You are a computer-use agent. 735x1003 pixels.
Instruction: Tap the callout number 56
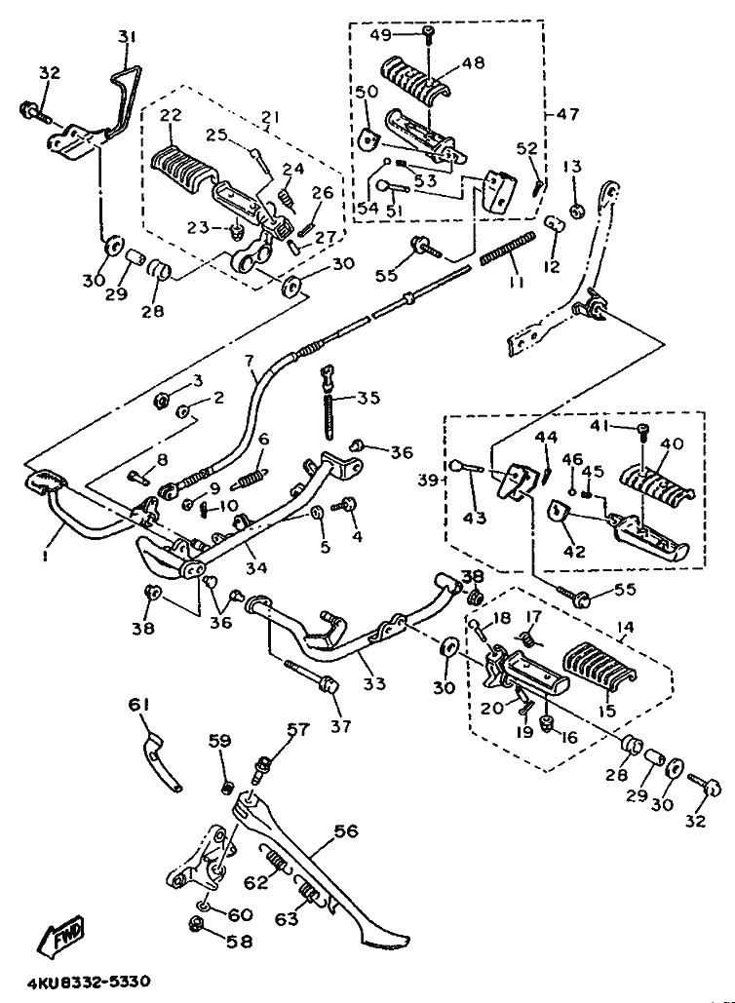(x=346, y=831)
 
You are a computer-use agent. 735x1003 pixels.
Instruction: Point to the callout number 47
(x=568, y=114)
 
